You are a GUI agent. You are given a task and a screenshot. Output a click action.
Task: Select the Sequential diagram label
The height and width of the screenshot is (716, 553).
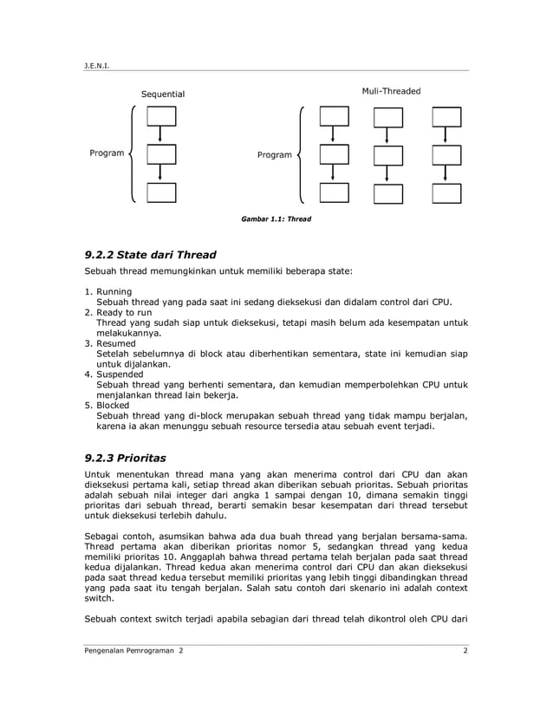(163, 94)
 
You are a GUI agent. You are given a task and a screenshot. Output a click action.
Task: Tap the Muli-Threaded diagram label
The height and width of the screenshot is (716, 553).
(391, 91)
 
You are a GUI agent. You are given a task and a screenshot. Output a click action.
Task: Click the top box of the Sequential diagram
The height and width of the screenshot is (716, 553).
(161, 116)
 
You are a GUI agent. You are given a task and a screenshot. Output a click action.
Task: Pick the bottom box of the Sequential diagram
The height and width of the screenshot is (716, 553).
(161, 192)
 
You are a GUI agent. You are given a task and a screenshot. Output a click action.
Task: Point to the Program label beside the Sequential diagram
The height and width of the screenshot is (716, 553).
(107, 153)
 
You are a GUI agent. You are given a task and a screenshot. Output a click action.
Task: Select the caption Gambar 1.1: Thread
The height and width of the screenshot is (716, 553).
(276, 219)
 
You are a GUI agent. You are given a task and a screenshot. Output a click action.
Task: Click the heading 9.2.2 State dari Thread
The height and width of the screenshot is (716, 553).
(149, 255)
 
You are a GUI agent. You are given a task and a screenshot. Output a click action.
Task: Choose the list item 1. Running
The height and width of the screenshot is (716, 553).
(108, 291)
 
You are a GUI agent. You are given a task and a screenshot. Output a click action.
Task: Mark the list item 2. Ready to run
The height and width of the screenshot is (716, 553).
(117, 311)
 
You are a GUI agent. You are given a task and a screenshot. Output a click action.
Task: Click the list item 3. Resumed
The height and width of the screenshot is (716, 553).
(110, 343)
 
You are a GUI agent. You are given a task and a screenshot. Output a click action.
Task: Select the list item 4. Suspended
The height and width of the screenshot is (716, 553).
(114, 374)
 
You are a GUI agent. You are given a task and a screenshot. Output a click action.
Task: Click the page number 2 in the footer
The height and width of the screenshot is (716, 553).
(465, 650)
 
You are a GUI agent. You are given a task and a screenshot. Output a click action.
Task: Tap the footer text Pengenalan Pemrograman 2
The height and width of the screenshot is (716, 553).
(133, 650)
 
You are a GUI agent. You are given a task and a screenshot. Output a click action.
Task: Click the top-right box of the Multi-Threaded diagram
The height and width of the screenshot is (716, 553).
(446, 116)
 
